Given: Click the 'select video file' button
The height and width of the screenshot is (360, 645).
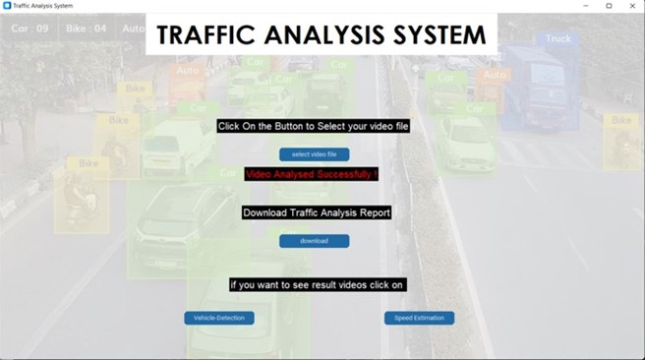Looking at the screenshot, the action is (314, 154).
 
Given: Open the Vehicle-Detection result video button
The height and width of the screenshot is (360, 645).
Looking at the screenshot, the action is (219, 318).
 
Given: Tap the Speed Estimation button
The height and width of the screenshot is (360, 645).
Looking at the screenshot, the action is (419, 318).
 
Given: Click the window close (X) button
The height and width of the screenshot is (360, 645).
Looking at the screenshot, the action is (632, 6).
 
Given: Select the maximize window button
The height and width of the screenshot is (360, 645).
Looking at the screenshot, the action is (609, 6).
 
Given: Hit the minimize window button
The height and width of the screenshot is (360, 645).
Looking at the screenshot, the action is (585, 6).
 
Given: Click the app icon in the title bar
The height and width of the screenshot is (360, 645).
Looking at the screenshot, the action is (7, 6).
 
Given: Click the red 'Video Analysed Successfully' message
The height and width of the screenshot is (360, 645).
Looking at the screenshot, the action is (312, 174).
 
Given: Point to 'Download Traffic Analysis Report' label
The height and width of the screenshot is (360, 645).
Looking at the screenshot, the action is (317, 212).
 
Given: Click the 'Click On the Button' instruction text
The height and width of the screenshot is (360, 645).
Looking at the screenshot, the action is (313, 126).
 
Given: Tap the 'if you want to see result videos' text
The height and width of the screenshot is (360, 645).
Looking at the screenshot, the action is (317, 284).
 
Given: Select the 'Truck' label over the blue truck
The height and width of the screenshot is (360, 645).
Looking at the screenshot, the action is (557, 39).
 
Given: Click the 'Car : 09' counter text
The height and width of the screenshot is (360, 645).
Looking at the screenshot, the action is (29, 29).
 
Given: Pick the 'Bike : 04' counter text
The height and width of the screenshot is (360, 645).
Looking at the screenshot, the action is (86, 29).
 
